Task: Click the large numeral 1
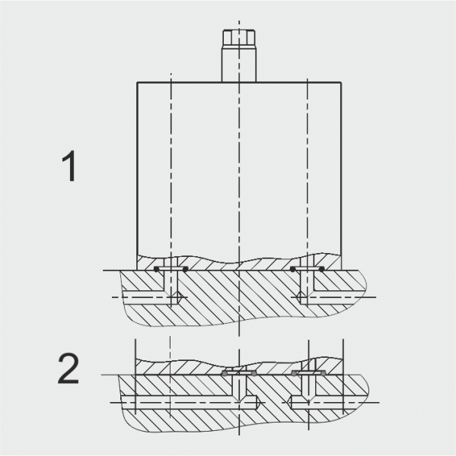(69, 166)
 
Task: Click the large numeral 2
(69, 368)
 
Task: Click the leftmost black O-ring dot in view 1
(157, 270)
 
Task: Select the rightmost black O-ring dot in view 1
(322, 270)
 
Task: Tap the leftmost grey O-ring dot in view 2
(225, 373)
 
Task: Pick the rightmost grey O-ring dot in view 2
(323, 373)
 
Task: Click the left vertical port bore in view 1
(171, 288)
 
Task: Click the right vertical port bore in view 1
(307, 287)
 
